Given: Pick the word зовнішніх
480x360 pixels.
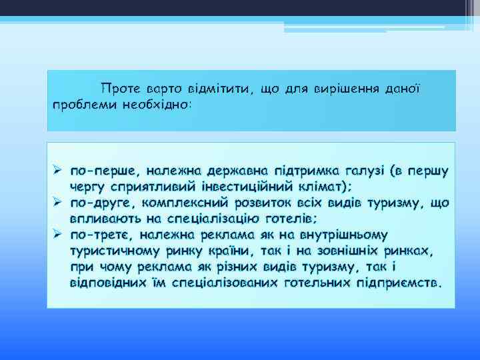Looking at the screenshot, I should pos(346,251).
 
